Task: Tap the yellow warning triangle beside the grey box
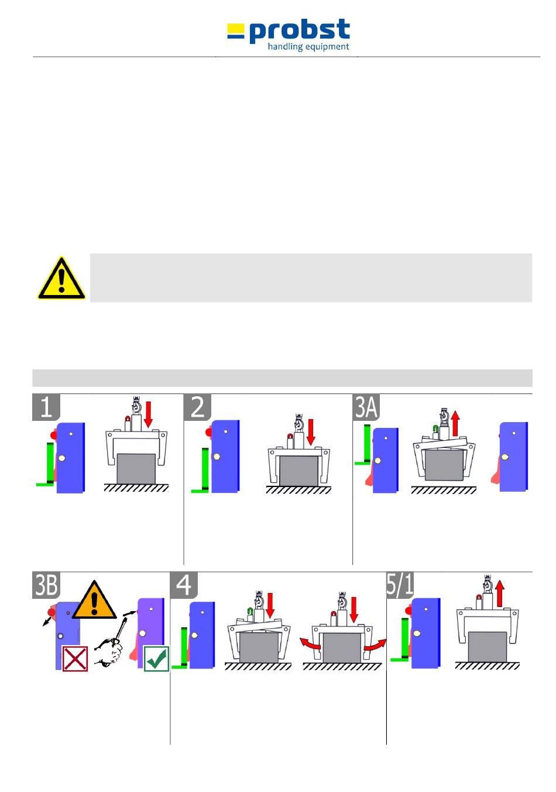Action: click(x=61, y=279)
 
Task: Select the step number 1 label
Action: click(x=46, y=407)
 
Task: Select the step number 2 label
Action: click(x=198, y=407)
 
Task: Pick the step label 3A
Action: click(x=366, y=407)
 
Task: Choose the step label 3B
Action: click(x=46, y=585)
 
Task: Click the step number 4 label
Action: click(x=184, y=585)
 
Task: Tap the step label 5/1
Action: click(x=400, y=585)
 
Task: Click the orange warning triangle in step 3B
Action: click(x=94, y=601)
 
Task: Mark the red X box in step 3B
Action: click(x=75, y=659)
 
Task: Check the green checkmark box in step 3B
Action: click(x=156, y=659)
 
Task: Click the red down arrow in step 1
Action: click(x=148, y=414)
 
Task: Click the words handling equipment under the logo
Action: click(x=308, y=47)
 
